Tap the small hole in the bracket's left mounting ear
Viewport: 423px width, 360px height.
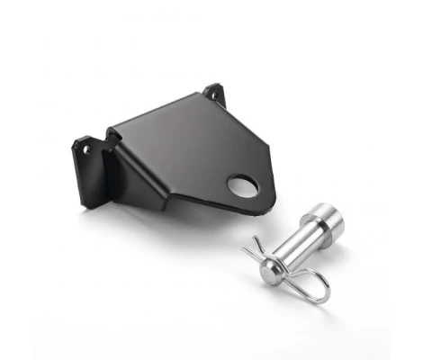tap(87, 149)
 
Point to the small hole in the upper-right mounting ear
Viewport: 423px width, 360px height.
tap(213, 93)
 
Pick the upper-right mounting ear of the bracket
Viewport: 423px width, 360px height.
tap(214, 94)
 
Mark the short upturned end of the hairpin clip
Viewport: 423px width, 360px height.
tap(256, 241)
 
